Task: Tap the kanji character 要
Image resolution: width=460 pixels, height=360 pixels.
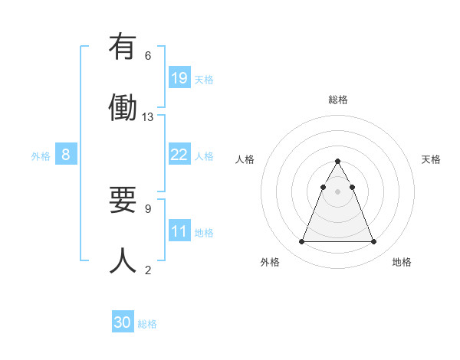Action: point(123,201)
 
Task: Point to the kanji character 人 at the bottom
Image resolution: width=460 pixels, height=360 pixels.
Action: point(123,260)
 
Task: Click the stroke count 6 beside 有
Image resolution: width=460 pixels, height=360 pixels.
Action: point(148,56)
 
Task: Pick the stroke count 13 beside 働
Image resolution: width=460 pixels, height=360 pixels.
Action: point(148,117)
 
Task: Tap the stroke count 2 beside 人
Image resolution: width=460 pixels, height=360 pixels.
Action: point(148,270)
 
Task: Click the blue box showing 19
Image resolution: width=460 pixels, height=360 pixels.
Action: point(179,78)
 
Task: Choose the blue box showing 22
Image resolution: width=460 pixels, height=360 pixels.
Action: point(179,155)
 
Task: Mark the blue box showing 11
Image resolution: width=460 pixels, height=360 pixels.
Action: point(179,231)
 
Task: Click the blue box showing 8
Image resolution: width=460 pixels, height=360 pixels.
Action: point(66,155)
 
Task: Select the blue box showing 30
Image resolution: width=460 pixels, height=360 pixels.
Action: point(123,323)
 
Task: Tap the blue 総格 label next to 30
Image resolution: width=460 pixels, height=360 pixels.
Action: point(147,324)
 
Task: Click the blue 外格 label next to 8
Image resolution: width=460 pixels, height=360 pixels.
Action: point(41,156)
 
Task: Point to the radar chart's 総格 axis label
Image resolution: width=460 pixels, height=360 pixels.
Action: point(337,100)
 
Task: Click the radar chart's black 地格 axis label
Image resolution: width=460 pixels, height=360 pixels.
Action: point(402,262)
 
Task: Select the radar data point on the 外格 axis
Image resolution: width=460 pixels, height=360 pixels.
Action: point(301,242)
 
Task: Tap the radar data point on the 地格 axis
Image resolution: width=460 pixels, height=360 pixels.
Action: point(373,242)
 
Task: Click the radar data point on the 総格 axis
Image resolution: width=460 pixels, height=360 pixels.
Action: point(337,161)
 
